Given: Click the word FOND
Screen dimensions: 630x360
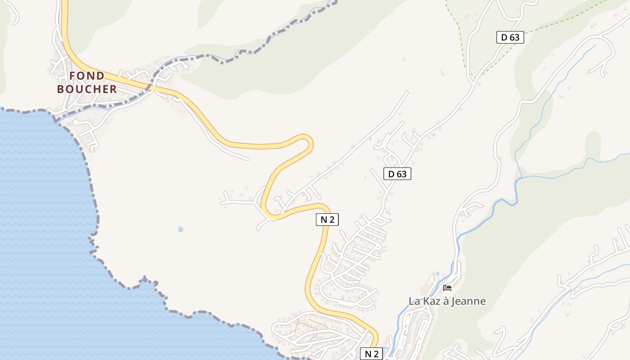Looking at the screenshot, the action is [87, 76].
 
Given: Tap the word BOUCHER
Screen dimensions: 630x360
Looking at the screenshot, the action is [87, 89].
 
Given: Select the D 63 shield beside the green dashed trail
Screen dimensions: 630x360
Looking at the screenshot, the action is [510, 37].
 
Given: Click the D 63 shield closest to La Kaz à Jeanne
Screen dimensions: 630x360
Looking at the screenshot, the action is [397, 174].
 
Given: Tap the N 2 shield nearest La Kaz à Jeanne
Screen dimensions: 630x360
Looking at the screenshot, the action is [371, 354].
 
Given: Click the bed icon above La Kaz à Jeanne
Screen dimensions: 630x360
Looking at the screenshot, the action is [447, 288].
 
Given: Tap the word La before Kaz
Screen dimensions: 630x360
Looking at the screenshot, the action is [414, 301].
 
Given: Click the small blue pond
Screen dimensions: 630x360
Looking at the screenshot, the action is [180, 229].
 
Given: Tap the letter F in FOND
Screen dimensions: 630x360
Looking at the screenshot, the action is [73, 76].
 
